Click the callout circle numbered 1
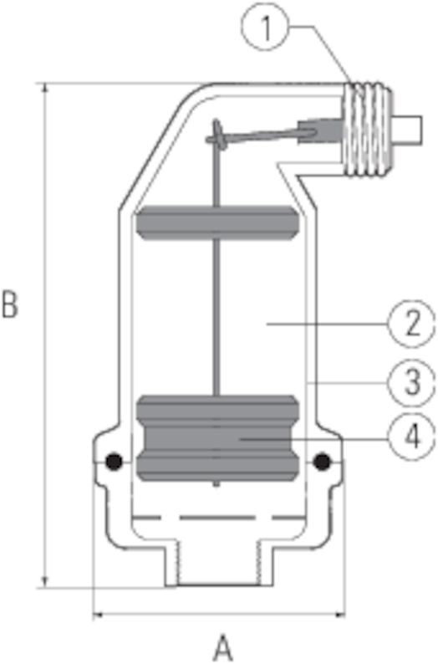pyautogui.click(x=265, y=28)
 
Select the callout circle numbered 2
pyautogui.click(x=411, y=324)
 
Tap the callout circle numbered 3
pyautogui.click(x=411, y=383)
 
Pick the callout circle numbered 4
pyautogui.click(x=411, y=437)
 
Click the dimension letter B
pyautogui.click(x=10, y=304)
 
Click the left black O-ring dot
pyautogui.click(x=114, y=462)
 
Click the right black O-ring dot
pyautogui.click(x=322, y=462)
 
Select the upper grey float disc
pyautogui.click(x=217, y=222)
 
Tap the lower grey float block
pyautogui.click(x=217, y=438)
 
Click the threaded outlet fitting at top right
pyautogui.click(x=367, y=130)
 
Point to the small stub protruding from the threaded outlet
pyautogui.click(x=407, y=130)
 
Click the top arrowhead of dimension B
pyautogui.click(x=45, y=88)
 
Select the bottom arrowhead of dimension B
pyautogui.click(x=45, y=582)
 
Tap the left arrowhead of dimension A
pyautogui.click(x=98, y=615)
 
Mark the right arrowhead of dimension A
pyautogui.click(x=340, y=615)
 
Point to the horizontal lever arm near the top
pyautogui.click(x=261, y=135)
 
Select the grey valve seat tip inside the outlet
pyautogui.click(x=320, y=130)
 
